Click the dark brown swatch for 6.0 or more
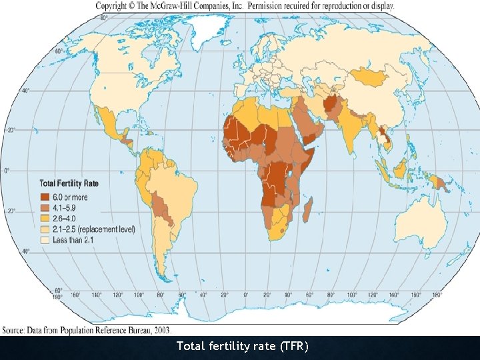coord(45,197)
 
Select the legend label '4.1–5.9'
coord(68,208)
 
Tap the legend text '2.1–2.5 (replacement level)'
coord(96,229)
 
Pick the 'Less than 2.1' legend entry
coord(76,240)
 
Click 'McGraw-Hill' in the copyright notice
coord(181,5)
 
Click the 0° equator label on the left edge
coord(7,171)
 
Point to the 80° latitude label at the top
coord(104,18)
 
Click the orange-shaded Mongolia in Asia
coord(371,79)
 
